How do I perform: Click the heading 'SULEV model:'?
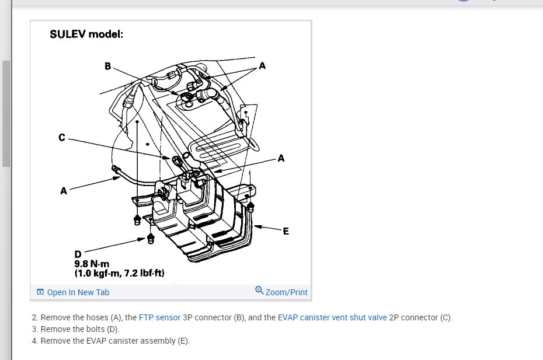(86, 34)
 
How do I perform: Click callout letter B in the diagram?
(107, 67)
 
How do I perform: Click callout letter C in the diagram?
(61, 138)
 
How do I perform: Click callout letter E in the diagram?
(286, 231)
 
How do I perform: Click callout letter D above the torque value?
(78, 254)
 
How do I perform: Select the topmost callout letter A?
(262, 66)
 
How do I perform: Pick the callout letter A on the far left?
(63, 190)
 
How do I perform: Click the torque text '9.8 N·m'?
(92, 263)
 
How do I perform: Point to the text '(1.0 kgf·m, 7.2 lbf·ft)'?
(120, 272)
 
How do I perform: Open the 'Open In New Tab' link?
(78, 292)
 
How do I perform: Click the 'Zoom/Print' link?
(286, 292)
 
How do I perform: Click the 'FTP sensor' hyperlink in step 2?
(159, 318)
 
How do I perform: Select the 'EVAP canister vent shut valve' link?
(332, 318)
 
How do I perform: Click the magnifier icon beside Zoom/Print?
(259, 291)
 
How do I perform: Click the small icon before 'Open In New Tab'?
(40, 292)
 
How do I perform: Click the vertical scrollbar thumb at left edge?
(6, 114)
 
